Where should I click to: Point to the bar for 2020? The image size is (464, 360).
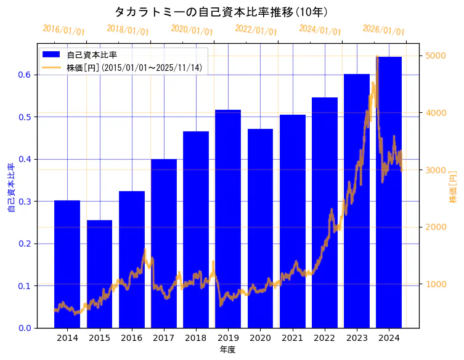[260, 228]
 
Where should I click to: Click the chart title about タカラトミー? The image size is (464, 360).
[221, 12]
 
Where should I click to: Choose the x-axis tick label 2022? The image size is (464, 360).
[324, 338]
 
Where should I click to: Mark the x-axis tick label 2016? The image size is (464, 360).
[131, 338]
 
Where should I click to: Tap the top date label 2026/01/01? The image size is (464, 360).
[383, 30]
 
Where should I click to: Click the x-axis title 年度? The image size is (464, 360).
[227, 350]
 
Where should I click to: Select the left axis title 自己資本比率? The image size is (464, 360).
[10, 187]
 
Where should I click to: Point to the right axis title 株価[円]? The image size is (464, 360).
[453, 187]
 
